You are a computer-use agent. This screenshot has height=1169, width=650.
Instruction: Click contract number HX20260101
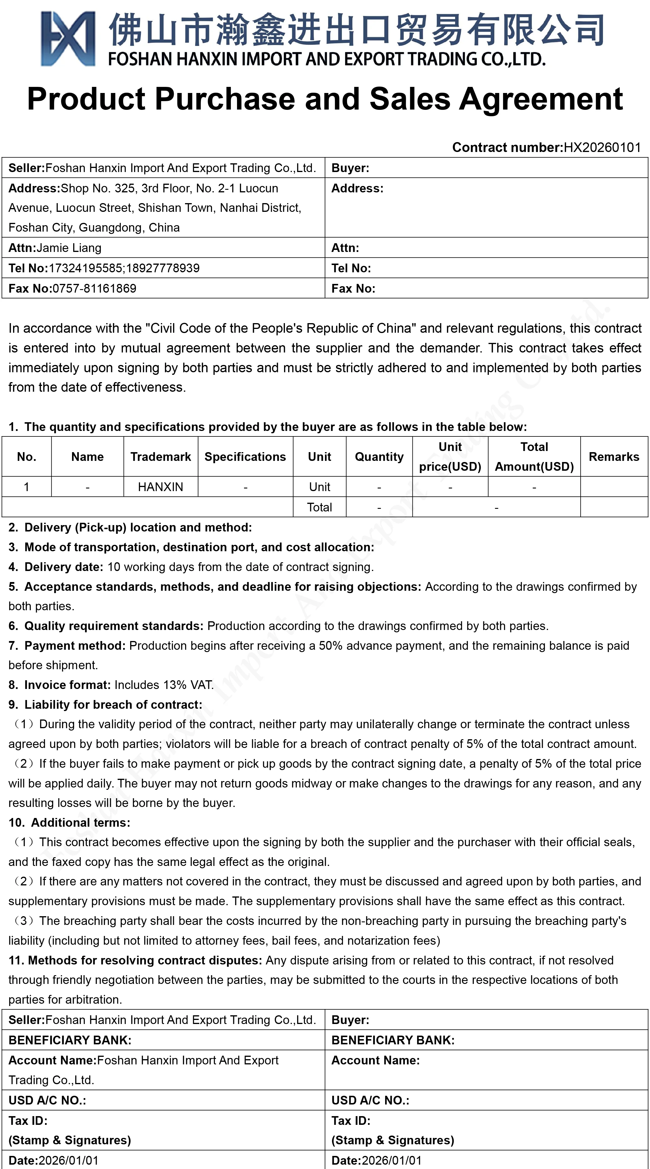(602, 148)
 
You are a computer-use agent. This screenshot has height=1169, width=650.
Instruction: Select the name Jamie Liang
(69, 248)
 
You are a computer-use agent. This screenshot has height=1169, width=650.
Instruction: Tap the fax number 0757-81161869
(94, 289)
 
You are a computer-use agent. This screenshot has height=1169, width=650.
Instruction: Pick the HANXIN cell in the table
(161, 487)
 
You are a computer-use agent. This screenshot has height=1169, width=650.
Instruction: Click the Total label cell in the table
(319, 507)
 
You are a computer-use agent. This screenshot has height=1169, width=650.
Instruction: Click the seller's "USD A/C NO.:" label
(47, 1100)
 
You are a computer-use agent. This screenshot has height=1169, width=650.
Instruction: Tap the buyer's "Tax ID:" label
(351, 1121)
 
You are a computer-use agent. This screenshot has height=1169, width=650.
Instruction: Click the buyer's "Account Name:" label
(376, 1061)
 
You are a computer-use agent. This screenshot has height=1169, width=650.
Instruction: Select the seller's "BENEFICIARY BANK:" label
(70, 1040)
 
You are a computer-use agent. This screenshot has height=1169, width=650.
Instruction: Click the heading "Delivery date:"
(64, 567)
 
